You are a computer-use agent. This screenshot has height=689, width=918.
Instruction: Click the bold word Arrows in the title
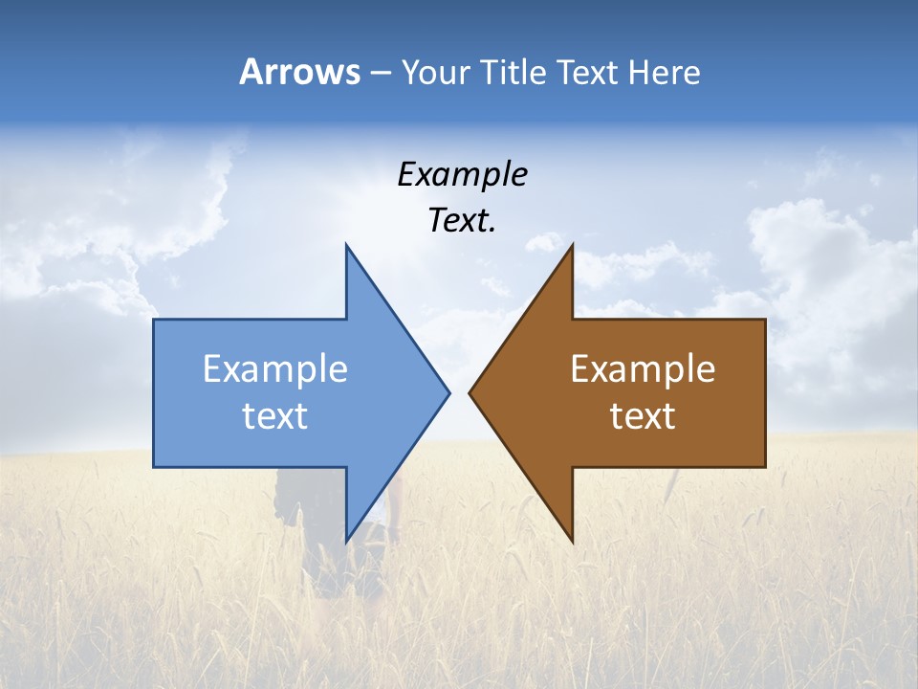pyautogui.click(x=299, y=72)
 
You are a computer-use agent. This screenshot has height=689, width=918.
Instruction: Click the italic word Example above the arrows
pyautogui.click(x=462, y=174)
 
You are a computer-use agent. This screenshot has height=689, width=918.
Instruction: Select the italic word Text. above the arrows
pyautogui.click(x=462, y=220)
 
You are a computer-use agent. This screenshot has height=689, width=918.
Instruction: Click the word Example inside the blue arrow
pyautogui.click(x=275, y=368)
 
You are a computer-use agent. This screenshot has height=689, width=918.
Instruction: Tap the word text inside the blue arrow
pyautogui.click(x=275, y=415)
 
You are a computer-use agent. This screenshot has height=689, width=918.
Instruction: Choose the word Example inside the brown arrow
pyautogui.click(x=643, y=368)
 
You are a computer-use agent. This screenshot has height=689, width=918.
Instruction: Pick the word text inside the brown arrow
pyautogui.click(x=643, y=415)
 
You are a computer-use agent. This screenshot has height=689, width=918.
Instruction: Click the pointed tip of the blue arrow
pyautogui.click(x=448, y=392)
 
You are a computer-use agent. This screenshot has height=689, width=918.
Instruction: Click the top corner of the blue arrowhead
pyautogui.click(x=347, y=246)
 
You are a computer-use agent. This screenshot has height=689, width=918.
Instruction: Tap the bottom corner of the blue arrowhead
pyautogui.click(x=347, y=541)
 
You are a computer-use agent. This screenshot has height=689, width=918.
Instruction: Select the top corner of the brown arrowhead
pyautogui.click(x=572, y=246)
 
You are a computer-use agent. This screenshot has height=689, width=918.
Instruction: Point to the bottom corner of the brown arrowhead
pyautogui.click(x=572, y=541)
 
